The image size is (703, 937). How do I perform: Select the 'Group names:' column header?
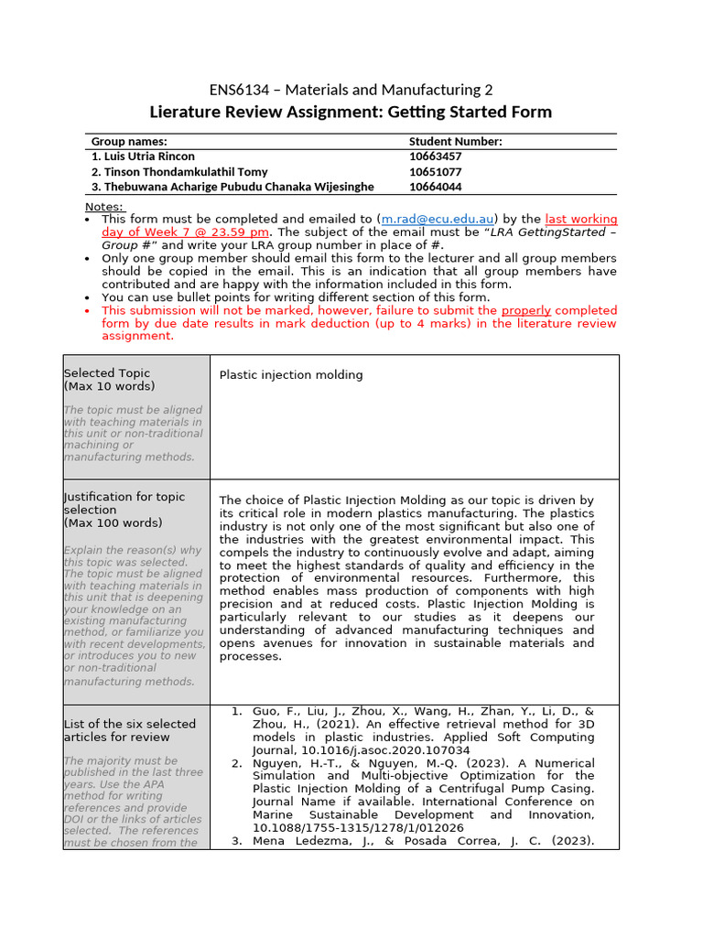(129, 142)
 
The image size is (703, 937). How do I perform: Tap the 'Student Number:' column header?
(455, 142)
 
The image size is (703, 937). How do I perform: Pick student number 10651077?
(435, 172)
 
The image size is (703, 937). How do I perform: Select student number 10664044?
(435, 187)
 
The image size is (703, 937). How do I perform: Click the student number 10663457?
(435, 156)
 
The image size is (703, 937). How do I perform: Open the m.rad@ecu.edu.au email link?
(438, 220)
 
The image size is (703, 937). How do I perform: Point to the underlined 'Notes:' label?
(103, 207)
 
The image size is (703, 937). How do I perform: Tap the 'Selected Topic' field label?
(107, 373)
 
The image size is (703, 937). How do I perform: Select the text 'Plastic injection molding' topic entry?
(291, 375)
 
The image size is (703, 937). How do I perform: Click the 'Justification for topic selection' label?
(124, 503)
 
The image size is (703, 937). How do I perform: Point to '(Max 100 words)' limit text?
(113, 523)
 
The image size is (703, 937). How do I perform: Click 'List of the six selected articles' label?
(117, 730)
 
